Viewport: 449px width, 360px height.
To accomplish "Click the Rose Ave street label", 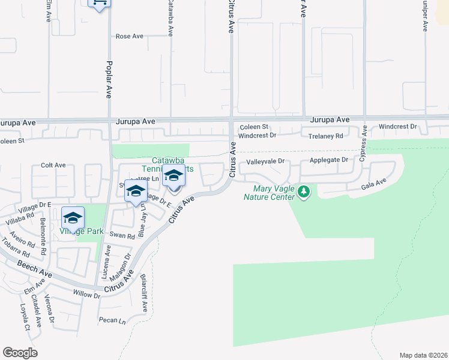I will [x=130, y=36].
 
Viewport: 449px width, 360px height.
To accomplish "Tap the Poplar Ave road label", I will [x=109, y=79].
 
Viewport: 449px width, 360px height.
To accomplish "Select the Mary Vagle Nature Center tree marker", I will [x=304, y=192].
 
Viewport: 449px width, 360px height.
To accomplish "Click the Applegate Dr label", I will [x=329, y=160].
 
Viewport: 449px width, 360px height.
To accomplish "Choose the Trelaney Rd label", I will [x=325, y=136].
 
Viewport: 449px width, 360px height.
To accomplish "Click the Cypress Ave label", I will [x=363, y=147].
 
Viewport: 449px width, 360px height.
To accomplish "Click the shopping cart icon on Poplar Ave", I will [x=99, y=4].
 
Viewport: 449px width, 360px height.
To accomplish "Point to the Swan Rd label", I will [x=122, y=236].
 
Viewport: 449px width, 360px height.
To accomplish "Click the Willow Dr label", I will [x=86, y=295].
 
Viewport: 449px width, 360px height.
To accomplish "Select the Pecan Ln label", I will [x=112, y=321].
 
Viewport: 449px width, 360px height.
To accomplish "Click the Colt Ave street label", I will [x=53, y=165].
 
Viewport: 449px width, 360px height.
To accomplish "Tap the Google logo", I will [x=20, y=353].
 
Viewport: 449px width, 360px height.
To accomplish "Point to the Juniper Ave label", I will [x=425, y=16].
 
